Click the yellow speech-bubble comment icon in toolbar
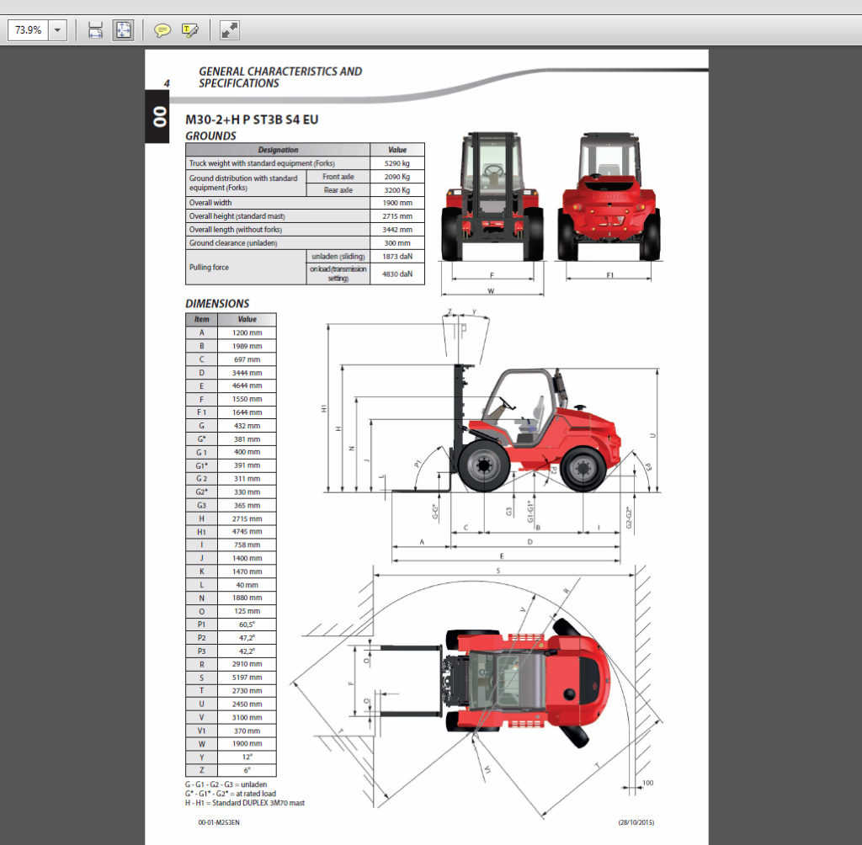pos(162,30)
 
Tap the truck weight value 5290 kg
pos(396,163)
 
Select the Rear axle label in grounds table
pos(338,190)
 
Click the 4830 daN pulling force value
pos(396,274)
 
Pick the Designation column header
pos(278,150)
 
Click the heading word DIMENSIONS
pos(217,304)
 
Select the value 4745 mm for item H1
pos(247,532)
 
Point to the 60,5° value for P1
pos(247,624)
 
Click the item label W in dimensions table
pos(201,744)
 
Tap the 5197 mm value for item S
pos(247,678)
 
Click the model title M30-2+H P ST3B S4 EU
pos(252,120)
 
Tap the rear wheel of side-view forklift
pos(583,469)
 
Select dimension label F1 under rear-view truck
pos(609,275)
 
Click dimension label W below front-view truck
pos(491,292)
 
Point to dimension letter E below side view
pos(502,556)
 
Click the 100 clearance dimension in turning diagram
pos(646,783)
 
